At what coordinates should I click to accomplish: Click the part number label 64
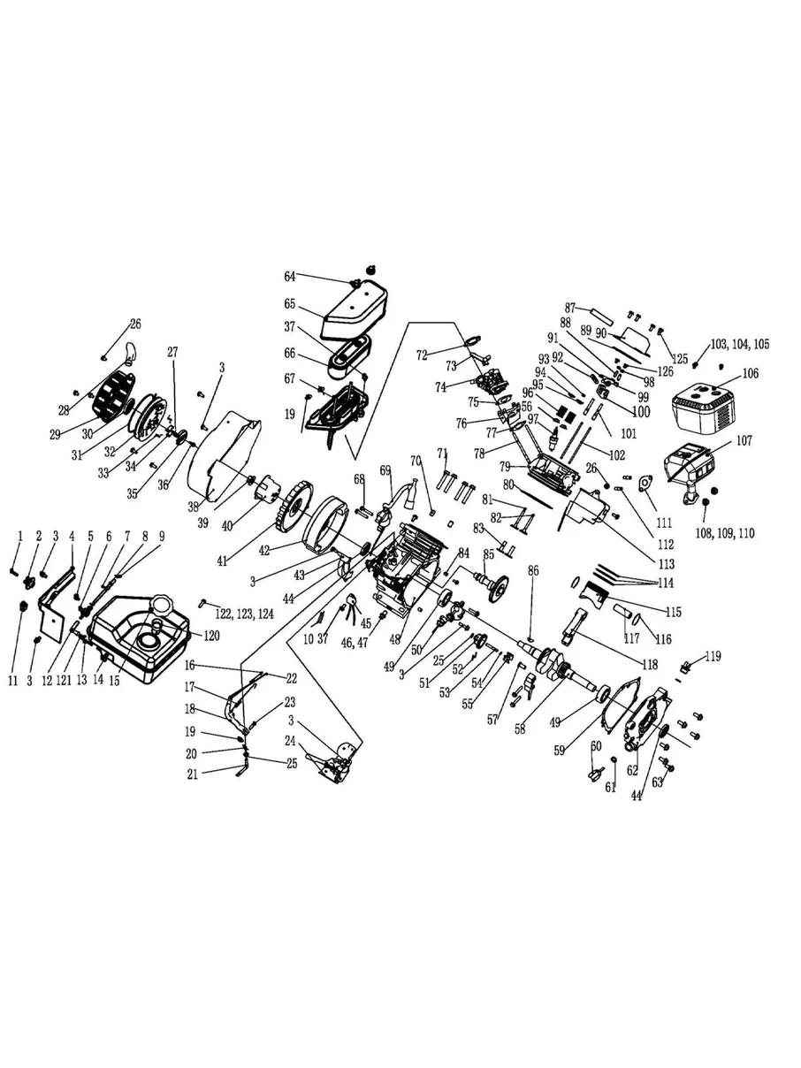coord(289,277)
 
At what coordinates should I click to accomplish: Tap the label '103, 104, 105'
coord(738,344)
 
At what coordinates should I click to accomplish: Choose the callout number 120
coord(210,636)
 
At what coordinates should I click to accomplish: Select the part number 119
coord(713,657)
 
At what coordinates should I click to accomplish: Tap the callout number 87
coord(570,308)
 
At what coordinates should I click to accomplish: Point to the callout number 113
coord(660,563)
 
